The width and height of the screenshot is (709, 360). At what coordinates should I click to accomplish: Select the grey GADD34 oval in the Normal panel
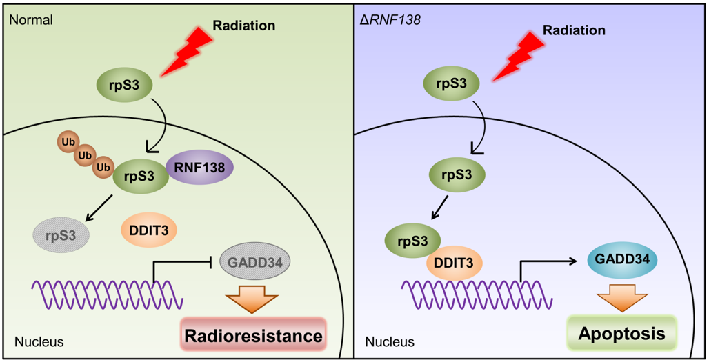pos(254,261)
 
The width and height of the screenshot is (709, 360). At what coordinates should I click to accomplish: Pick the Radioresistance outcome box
pos(252,336)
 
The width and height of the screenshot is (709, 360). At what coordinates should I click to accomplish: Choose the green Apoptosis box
pos(621,334)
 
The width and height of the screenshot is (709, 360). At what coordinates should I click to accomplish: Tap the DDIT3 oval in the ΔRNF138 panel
pos(454,262)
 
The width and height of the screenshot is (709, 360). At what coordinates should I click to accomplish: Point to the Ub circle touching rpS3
pos(104,167)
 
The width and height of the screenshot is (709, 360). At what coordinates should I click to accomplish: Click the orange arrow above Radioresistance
pos(252,298)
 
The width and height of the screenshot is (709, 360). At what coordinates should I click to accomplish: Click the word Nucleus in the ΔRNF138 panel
pos(390,341)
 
